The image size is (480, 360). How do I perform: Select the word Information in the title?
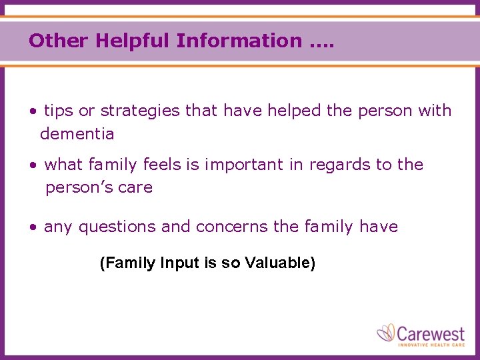point(239,41)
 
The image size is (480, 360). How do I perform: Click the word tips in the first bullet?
point(59,111)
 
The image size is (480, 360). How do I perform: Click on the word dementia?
point(77,134)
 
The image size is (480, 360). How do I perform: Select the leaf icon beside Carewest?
point(387,333)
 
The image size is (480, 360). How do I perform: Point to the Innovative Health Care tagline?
point(431,344)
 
